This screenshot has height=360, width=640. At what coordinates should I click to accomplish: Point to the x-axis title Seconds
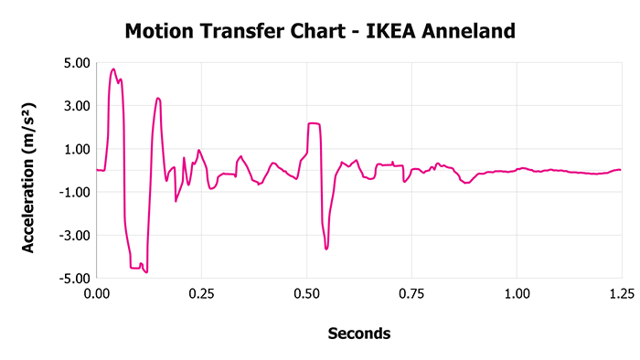point(359,334)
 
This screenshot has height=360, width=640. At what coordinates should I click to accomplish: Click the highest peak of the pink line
point(113,69)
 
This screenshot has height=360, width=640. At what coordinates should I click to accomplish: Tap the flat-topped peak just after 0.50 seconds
point(314,123)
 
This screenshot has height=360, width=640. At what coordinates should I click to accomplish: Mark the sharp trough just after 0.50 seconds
point(325,249)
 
